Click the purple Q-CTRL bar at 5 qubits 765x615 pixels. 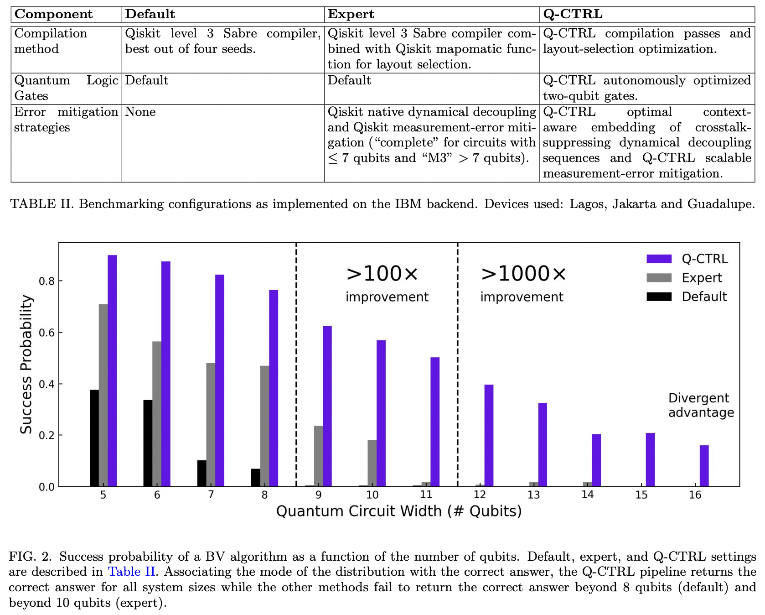tap(112, 370)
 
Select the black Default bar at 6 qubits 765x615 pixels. tap(148, 443)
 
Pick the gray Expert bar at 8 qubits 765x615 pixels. tap(264, 426)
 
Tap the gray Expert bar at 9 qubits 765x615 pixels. tap(318, 456)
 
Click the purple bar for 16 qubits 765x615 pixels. tap(704, 466)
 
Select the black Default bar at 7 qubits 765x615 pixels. tap(202, 474)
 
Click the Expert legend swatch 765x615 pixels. tap(659, 278)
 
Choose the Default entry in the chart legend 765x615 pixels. tap(704, 297)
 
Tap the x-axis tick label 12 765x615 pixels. tap(480, 495)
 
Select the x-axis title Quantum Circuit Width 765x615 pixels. tap(399, 511)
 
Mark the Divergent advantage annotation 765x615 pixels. tap(701, 405)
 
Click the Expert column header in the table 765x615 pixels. tap(351, 14)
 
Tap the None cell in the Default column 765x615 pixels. tap(140, 112)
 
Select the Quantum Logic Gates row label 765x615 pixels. tap(66, 88)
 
